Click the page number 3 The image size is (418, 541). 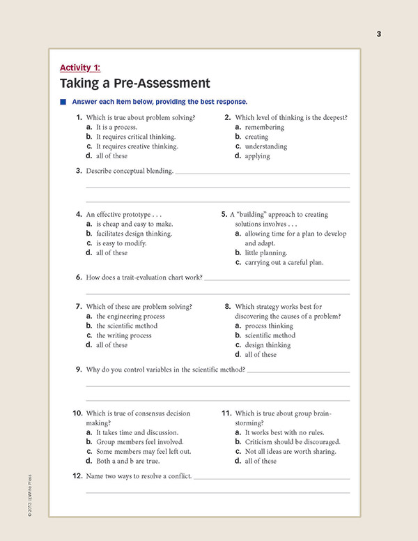tap(379, 34)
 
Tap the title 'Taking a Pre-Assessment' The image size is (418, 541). tap(134, 83)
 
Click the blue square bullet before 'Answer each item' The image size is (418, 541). tap(63, 102)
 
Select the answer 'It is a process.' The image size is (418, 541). tap(116, 128)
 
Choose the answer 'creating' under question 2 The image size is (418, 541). tap(257, 137)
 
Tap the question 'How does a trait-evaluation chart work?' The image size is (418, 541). tap(144, 277)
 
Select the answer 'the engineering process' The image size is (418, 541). tap(130, 316)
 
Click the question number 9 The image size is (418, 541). tap(79, 369)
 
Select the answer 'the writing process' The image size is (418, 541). tap(123, 335)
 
